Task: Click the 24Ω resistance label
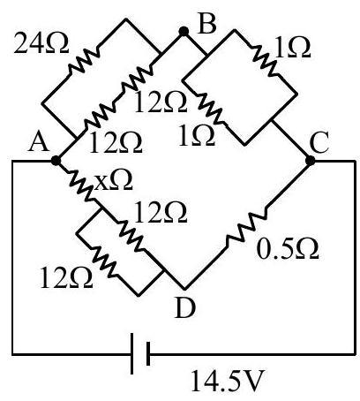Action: pos(41,44)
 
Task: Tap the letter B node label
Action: pos(207,23)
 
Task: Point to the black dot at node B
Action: pos(184,31)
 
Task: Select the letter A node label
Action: pos(39,141)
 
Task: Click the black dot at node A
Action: pos(56,161)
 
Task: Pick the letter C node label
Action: pos(319,143)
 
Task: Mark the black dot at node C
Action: pos(310,161)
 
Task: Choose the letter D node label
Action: pos(185,308)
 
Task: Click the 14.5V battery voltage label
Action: pos(227,381)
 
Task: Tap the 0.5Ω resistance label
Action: pos(288,249)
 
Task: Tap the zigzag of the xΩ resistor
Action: pos(80,185)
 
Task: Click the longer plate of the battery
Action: pos(132,353)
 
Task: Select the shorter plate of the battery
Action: pos(148,353)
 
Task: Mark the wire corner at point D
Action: pos(184,289)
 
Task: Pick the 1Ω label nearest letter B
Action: pos(293,47)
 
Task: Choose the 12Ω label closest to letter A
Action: pos(116,143)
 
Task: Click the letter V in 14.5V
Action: pos(251,381)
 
